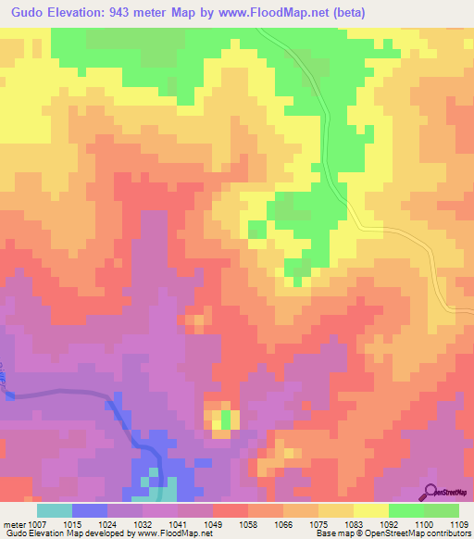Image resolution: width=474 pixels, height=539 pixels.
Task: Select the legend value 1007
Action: [31, 523]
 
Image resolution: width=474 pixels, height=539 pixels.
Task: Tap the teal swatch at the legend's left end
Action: [55, 510]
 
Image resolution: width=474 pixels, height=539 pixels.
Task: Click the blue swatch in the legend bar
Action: [90, 510]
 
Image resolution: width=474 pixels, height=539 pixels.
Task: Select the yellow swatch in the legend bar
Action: [371, 510]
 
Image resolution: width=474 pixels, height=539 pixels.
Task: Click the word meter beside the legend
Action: [11, 523]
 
